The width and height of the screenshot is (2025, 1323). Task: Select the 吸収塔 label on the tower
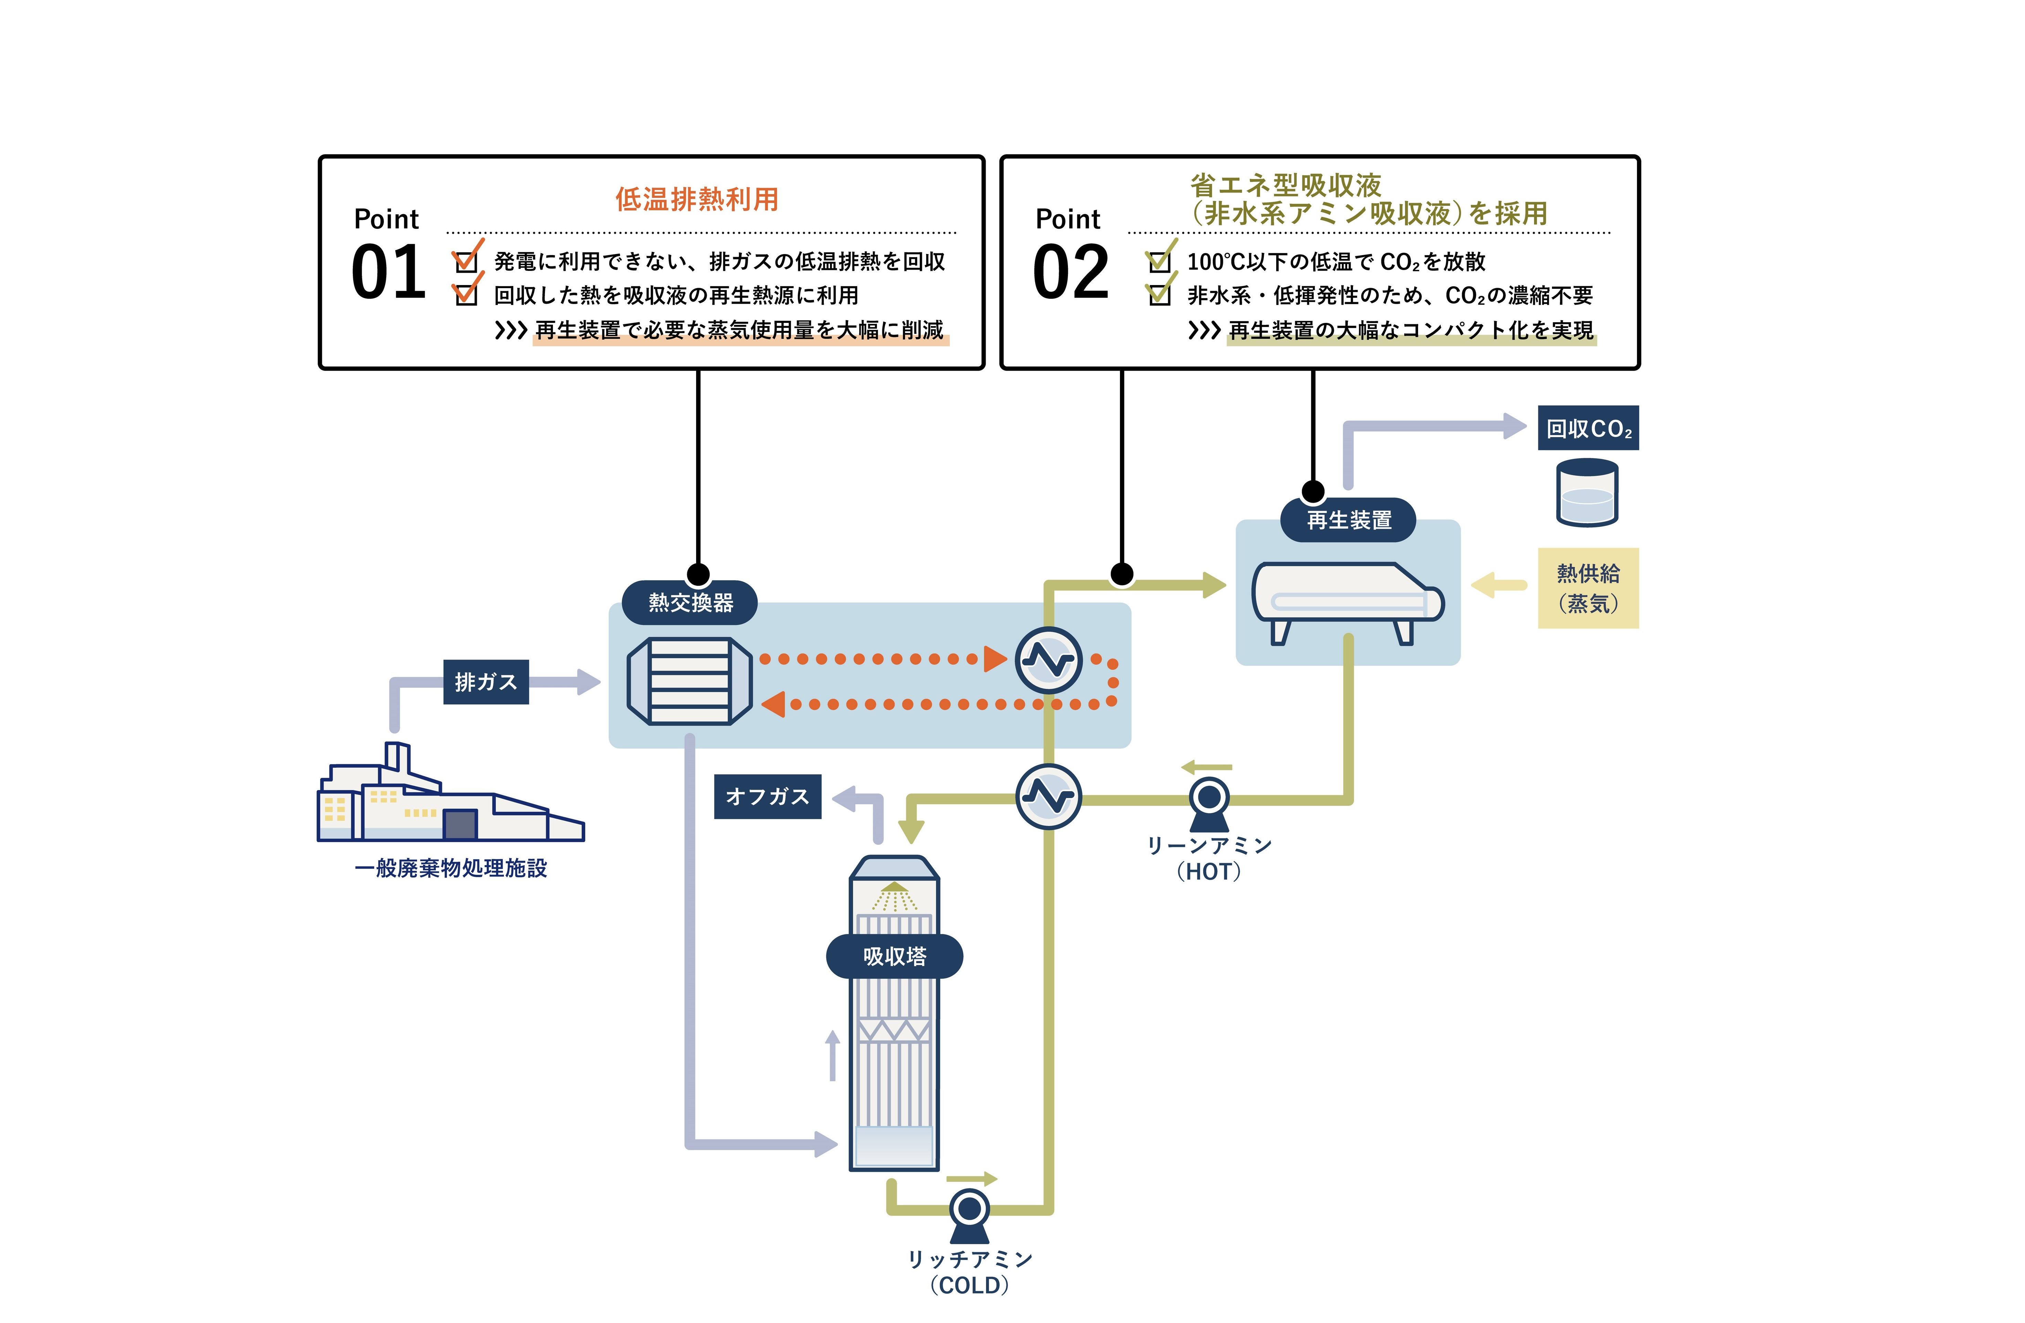[x=894, y=956]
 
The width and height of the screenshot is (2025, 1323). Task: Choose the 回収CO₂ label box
[x=1588, y=428]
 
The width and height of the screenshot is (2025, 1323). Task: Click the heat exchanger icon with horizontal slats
[x=689, y=681]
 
